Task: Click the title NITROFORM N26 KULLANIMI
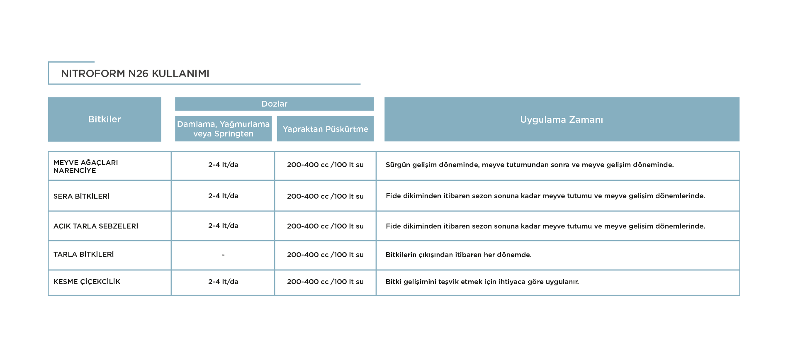(x=135, y=73)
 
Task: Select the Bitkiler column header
(x=105, y=119)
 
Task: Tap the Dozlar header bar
(x=274, y=104)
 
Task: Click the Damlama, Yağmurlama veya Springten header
(x=223, y=129)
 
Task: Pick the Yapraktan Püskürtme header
(x=325, y=129)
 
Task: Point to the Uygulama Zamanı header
(x=562, y=119)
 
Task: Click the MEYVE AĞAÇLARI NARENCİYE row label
(x=85, y=166)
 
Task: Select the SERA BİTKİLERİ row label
(x=81, y=196)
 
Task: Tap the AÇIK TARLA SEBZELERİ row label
(x=96, y=226)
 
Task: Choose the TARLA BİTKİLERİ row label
(x=83, y=254)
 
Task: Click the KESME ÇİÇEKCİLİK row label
(x=87, y=282)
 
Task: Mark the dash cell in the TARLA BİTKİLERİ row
(x=223, y=255)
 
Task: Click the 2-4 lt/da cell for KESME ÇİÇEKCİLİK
(x=223, y=282)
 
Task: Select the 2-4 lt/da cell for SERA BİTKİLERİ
(x=223, y=196)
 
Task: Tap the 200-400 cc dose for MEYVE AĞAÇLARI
(x=325, y=165)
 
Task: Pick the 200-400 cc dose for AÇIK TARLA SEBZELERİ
(x=325, y=226)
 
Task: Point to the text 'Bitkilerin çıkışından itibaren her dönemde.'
(x=458, y=255)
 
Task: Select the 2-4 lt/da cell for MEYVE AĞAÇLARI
(x=223, y=165)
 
